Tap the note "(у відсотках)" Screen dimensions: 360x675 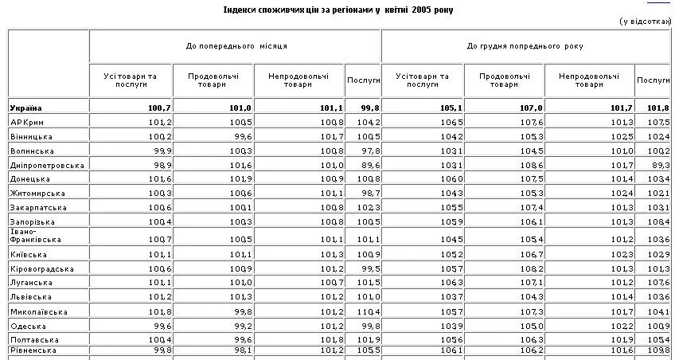646,22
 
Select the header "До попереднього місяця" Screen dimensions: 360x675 236,47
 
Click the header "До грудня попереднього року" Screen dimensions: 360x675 526,47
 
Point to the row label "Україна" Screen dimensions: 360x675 26,108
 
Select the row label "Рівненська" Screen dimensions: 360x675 33,350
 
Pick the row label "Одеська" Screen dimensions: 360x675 28,326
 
